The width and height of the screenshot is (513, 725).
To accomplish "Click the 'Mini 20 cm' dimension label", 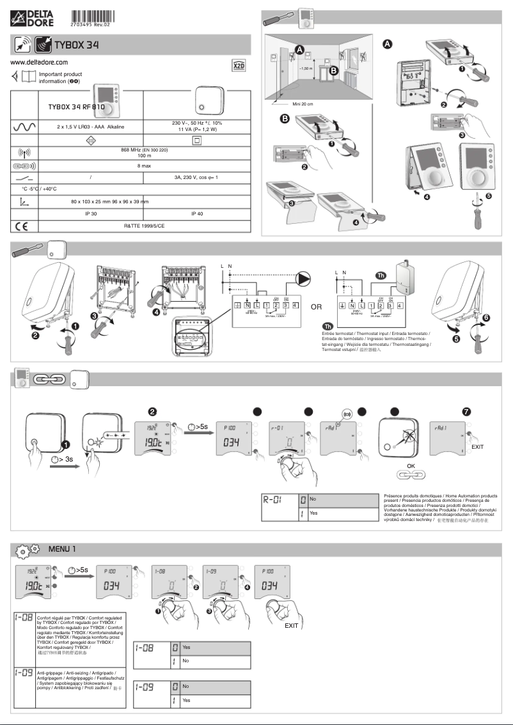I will click(x=300, y=103).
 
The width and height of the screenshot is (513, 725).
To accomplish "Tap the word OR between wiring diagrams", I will click(x=316, y=308).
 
